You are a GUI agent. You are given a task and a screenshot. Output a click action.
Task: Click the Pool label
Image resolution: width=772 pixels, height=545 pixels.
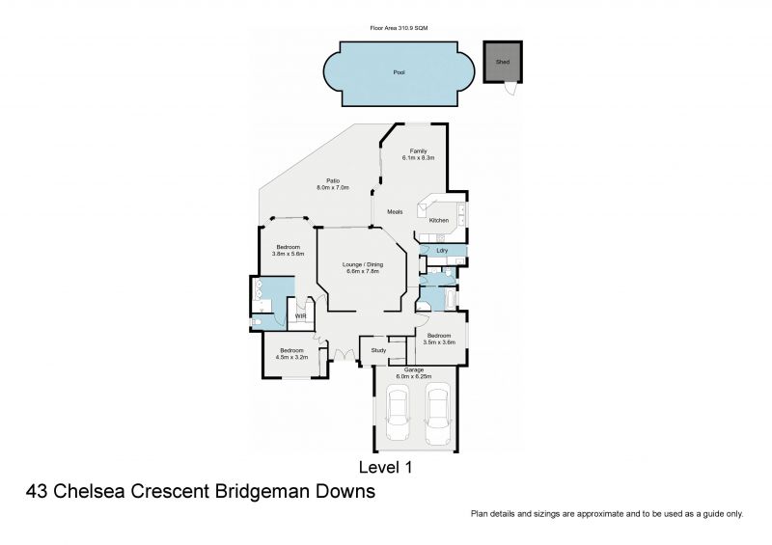coord(399,72)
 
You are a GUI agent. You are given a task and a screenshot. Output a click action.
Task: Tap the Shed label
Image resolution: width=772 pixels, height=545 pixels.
coord(502,61)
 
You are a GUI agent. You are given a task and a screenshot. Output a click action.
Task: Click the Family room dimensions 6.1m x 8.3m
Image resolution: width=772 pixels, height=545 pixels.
coord(418,157)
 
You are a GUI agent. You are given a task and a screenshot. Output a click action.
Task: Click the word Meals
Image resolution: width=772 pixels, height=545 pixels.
coord(395,212)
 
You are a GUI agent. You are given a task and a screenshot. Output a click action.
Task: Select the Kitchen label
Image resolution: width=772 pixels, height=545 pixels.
coord(439,221)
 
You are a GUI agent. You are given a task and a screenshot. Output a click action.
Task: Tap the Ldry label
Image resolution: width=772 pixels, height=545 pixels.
coord(441,252)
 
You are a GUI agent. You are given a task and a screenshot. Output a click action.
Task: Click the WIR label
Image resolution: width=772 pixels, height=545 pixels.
coord(301,315)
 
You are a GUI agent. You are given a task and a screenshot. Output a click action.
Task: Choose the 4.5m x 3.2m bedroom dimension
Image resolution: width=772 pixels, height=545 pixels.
coord(291,357)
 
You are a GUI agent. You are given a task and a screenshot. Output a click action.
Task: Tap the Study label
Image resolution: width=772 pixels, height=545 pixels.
coord(378,350)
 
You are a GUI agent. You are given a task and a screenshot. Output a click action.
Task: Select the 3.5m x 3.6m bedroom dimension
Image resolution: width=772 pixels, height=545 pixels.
coord(439,342)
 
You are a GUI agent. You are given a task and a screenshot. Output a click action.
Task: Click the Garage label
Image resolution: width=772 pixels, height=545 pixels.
coord(412,368)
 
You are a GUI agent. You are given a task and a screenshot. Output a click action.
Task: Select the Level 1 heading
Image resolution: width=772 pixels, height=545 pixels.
coord(385,468)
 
